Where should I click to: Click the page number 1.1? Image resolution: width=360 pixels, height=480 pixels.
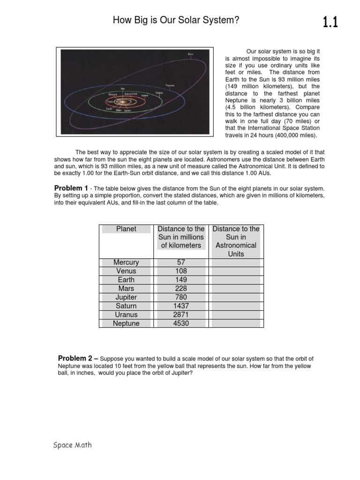click(x=330, y=22)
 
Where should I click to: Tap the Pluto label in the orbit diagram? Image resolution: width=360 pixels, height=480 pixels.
click(x=190, y=54)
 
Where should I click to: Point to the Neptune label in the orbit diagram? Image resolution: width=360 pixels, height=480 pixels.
click(x=170, y=85)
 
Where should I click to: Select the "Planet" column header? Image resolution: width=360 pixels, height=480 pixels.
click(x=126, y=229)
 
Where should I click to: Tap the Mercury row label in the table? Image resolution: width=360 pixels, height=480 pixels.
click(x=126, y=262)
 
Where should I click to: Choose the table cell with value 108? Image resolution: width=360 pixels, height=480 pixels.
click(x=181, y=271)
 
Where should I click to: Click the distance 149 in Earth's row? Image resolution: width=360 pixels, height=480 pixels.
click(x=181, y=280)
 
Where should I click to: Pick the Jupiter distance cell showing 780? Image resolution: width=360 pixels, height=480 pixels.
click(x=181, y=297)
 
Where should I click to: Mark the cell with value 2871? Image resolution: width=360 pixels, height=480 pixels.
click(x=181, y=315)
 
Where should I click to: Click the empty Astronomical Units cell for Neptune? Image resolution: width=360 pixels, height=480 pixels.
click(x=236, y=323)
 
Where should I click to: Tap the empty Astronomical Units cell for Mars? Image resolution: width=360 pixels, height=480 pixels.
click(x=236, y=289)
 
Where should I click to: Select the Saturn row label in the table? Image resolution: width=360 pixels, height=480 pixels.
click(x=126, y=306)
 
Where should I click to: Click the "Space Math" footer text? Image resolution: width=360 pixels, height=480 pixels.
click(x=72, y=445)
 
